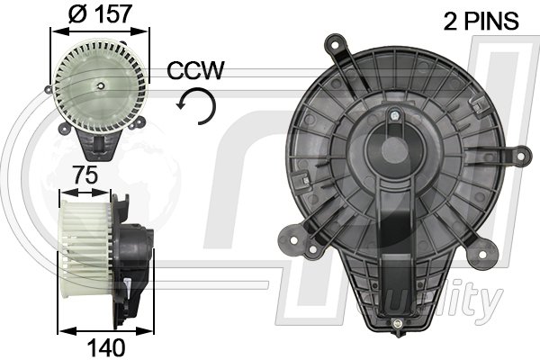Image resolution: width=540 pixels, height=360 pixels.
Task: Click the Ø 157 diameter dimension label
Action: [102, 13]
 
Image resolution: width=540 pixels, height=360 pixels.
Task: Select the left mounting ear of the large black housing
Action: [293, 241]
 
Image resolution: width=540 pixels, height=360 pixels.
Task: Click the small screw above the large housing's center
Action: [395, 115]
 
